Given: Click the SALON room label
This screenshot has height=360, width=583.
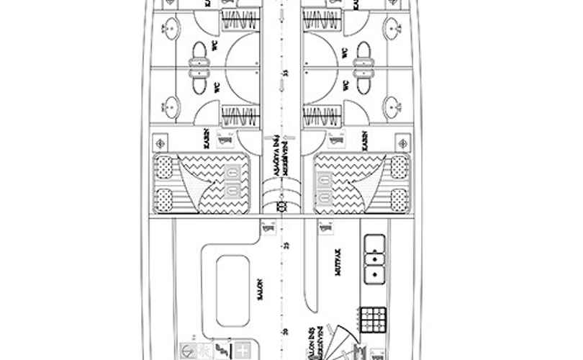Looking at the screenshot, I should (262, 290).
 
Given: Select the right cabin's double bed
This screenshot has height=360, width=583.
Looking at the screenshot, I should (362, 183).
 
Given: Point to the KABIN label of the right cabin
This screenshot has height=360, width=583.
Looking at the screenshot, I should (365, 140).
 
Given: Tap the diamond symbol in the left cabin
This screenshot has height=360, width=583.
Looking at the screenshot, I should (161, 143).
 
